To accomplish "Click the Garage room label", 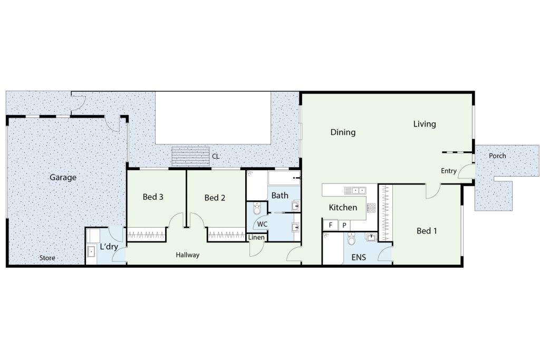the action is coord(63,178).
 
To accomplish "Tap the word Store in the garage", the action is coord(47,258).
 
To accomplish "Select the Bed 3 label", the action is coord(153,197).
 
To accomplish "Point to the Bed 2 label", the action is coord(215,198).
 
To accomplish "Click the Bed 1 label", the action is coord(427,230).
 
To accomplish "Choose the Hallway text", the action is coord(187,255).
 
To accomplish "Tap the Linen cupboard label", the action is coord(256,237).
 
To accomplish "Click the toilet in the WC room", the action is coord(257,209).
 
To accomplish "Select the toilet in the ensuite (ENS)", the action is coord(351,239).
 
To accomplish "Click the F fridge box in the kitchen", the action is coord(330,226).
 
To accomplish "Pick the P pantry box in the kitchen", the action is coord(344,226).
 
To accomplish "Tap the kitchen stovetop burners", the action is coord(371,208).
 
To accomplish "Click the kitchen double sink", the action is coord(355,190).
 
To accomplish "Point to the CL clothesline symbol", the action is coord(190,157).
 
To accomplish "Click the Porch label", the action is coord(497,156).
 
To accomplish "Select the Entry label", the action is coord(449,171).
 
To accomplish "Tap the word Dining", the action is coord(343,132).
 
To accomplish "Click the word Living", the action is coord(425,124).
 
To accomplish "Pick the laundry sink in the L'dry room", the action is coord(91,251).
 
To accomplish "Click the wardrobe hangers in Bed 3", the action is coord(147,236).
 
